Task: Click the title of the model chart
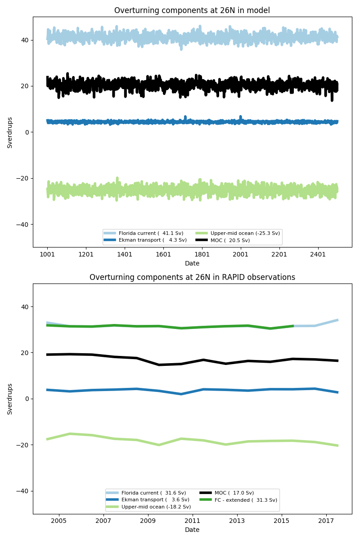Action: [192, 10]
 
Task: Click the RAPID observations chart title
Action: [192, 277]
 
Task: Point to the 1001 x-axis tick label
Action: [47, 254]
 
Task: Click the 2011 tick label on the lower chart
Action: [192, 521]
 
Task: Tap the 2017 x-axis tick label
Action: [326, 521]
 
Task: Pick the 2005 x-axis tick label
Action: [58, 521]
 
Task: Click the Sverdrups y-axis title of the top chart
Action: [10, 132]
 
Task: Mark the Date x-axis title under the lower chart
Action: [192, 530]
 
